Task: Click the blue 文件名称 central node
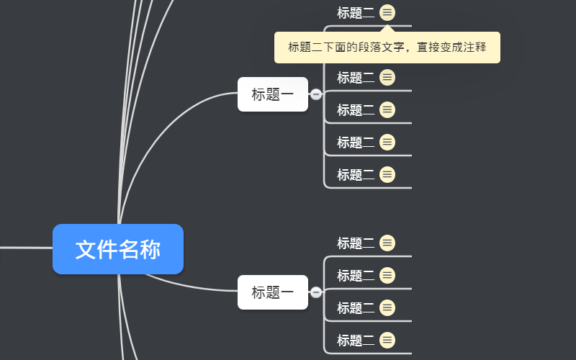pos(118,249)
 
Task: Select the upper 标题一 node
pos(273,94)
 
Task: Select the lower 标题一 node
pos(273,292)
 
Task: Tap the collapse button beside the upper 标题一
pos(316,94)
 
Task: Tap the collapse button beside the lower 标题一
pos(316,292)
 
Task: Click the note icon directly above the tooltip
pos(387,12)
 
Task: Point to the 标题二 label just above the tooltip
pos(356,12)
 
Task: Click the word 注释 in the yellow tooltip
pos(474,48)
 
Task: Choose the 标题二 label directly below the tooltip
pos(356,77)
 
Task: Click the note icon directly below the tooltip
pos(387,77)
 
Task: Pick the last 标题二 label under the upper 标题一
pos(356,174)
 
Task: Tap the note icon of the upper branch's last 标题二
pos(387,174)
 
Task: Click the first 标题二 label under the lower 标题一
pos(356,243)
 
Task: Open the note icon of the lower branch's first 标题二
pos(387,243)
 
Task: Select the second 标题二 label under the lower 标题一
pos(356,275)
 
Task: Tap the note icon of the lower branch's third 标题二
pos(387,307)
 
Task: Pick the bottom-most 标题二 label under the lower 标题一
pos(356,340)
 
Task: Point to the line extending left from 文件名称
pos(25,248)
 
